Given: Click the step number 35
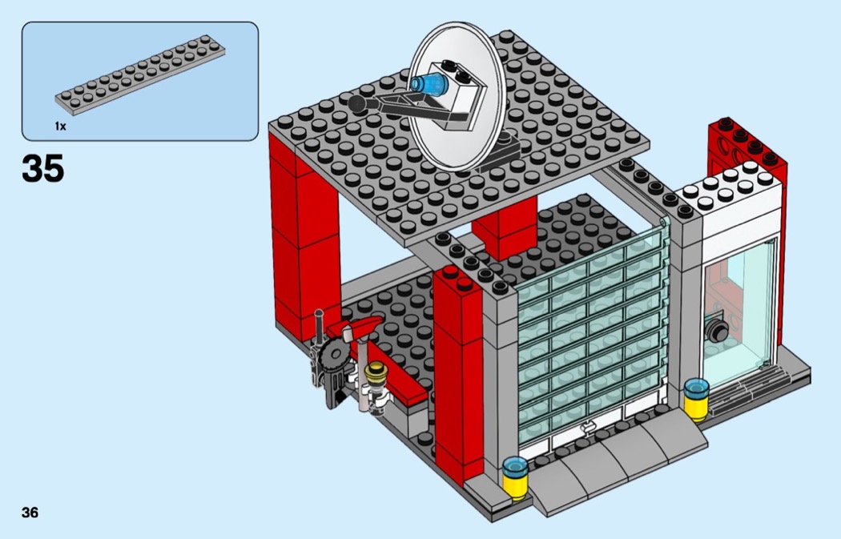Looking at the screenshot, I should (x=43, y=169).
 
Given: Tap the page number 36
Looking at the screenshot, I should (x=30, y=513).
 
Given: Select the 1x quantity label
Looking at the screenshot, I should (x=60, y=127).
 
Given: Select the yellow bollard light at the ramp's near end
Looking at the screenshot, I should (x=513, y=477).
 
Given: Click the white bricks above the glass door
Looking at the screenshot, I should (x=733, y=192).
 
